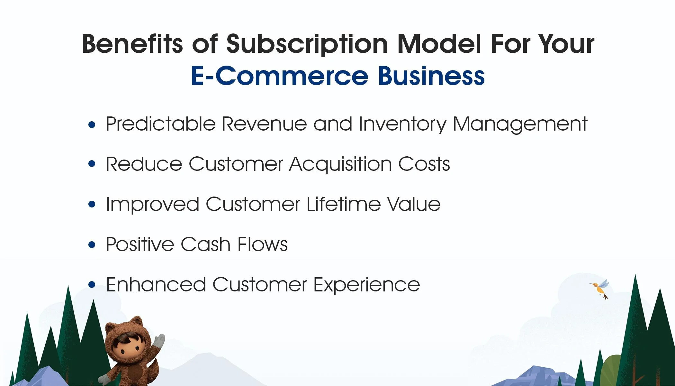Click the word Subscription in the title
point(307,44)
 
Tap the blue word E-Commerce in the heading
point(279,76)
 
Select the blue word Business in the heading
point(431,76)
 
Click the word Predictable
point(160,124)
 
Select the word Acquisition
point(340,164)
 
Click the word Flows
point(262,244)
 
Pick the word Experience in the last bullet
point(366,285)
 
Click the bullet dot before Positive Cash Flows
point(92,245)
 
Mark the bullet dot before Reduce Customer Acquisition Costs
point(92,164)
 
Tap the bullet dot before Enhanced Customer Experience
point(92,285)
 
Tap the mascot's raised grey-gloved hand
point(159,341)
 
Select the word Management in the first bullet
point(520,124)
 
